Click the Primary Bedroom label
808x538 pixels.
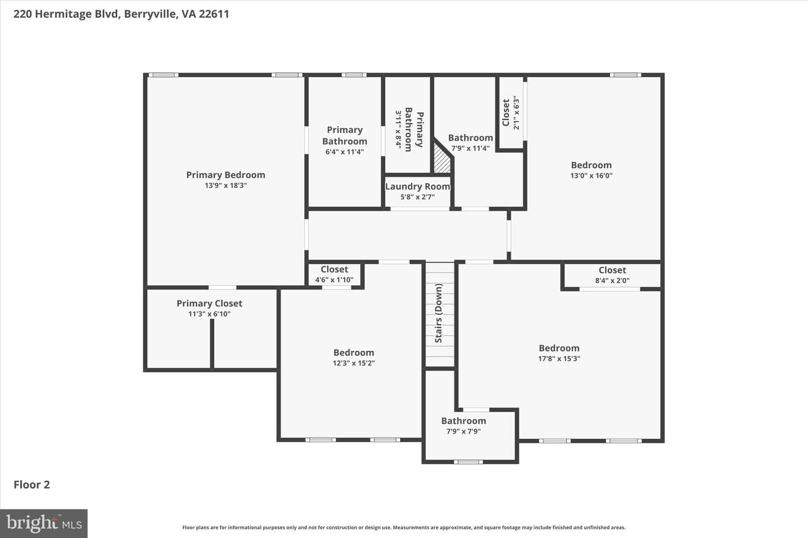click(x=226, y=175)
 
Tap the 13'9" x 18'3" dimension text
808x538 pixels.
click(x=226, y=185)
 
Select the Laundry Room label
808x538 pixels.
click(x=417, y=187)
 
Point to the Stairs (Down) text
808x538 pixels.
click(x=439, y=313)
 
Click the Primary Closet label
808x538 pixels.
click(x=209, y=303)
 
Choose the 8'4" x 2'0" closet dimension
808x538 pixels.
click(x=612, y=280)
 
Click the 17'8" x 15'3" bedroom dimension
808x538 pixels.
click(x=559, y=359)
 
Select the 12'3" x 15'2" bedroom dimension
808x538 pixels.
click(x=354, y=363)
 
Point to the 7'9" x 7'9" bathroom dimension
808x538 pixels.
click(x=463, y=432)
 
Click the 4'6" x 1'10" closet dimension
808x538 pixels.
click(x=334, y=280)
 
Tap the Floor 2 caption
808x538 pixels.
click(x=32, y=485)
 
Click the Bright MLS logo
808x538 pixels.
click(x=44, y=523)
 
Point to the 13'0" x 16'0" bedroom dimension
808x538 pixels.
click(x=591, y=176)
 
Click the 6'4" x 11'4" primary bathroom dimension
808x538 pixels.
click(x=345, y=152)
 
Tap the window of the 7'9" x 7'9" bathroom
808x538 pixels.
click(x=468, y=462)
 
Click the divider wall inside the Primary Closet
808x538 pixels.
click(x=212, y=344)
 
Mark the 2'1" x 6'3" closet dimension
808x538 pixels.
click(x=516, y=113)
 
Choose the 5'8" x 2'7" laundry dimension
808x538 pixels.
click(x=417, y=197)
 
